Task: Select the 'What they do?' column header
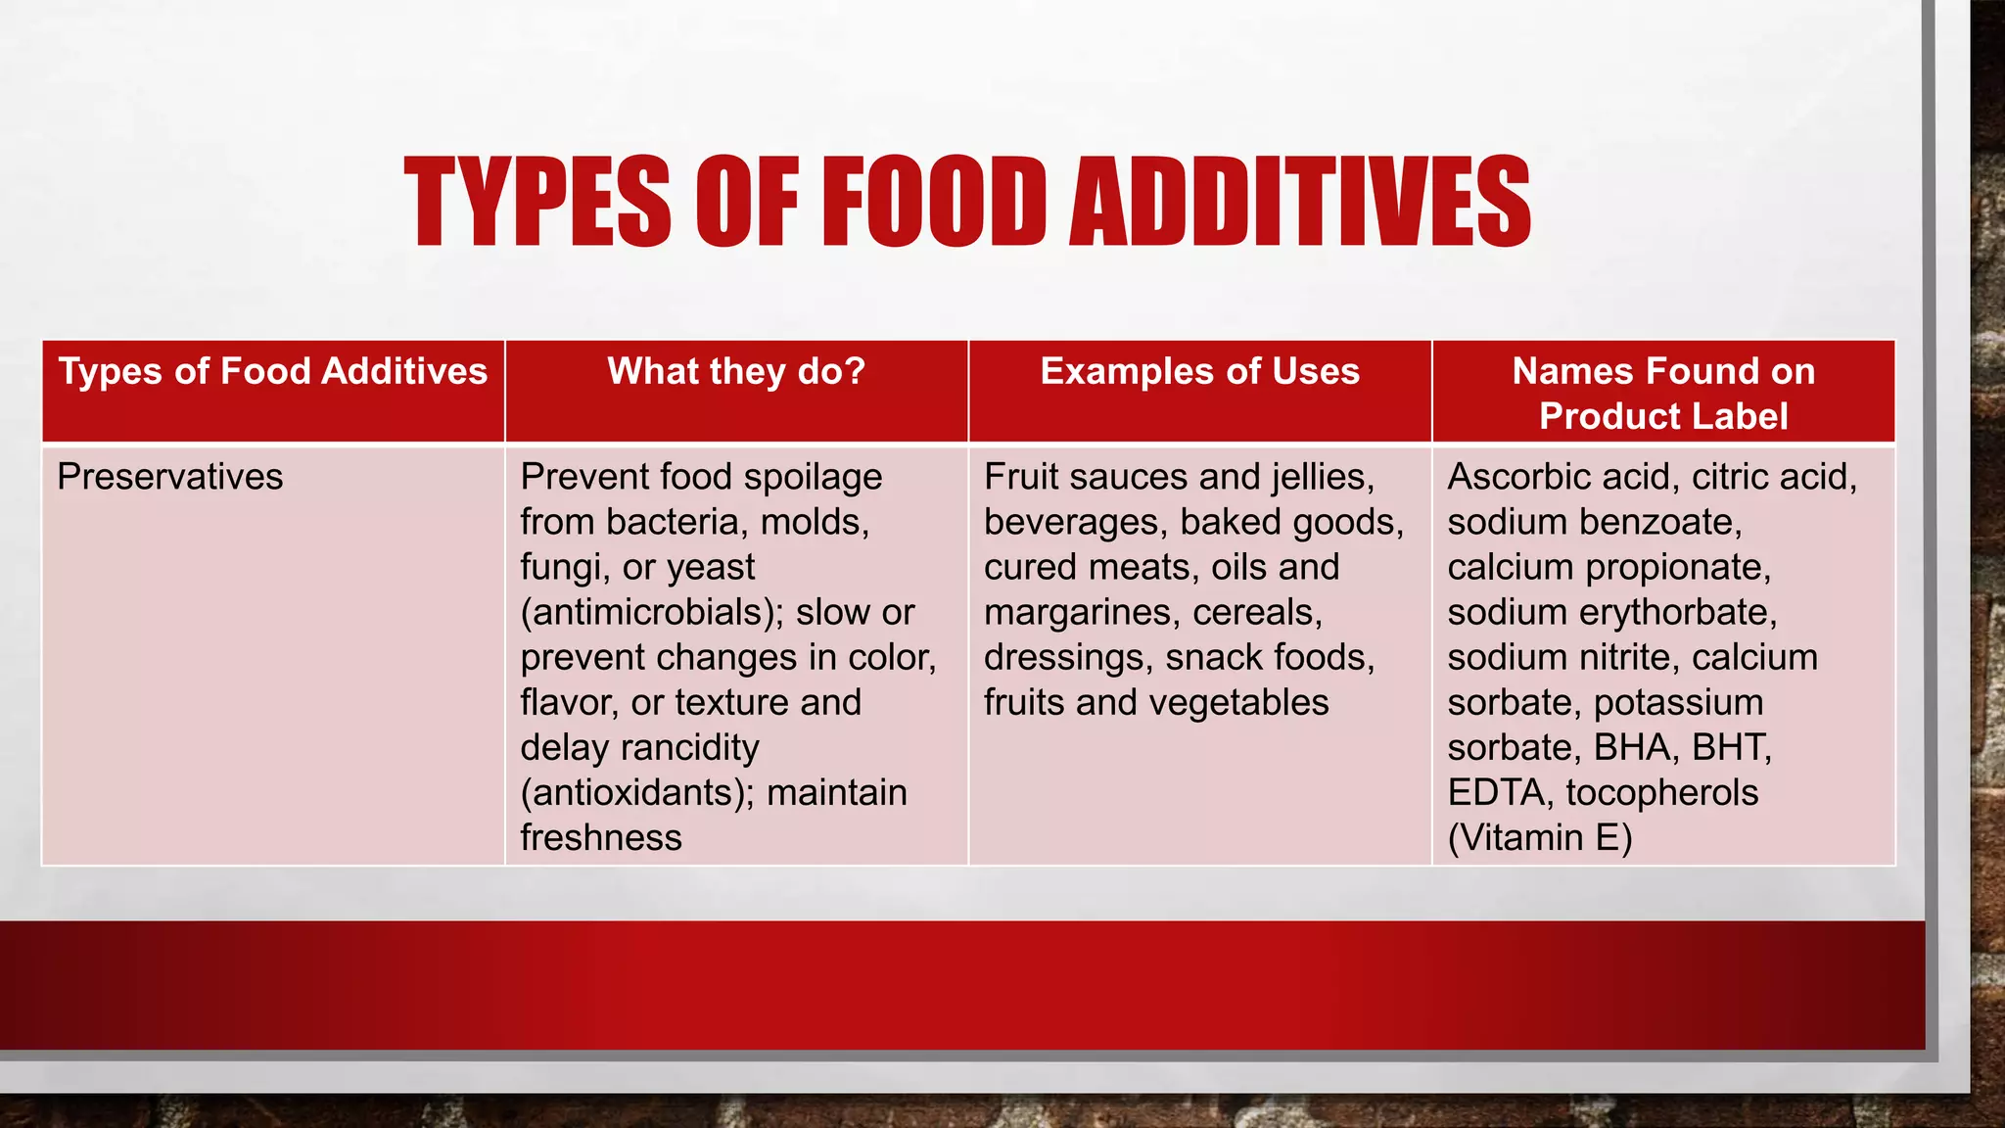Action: [x=736, y=372]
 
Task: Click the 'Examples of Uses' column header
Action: [x=1199, y=372]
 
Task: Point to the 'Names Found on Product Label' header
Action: [x=1663, y=394]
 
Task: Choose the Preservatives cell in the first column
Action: [x=170, y=477]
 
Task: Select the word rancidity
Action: [x=692, y=747]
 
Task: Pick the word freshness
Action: [x=601, y=837]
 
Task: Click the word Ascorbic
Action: [x=1515, y=477]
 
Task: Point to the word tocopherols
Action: [x=1661, y=792]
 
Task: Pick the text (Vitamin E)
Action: [x=1540, y=837]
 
